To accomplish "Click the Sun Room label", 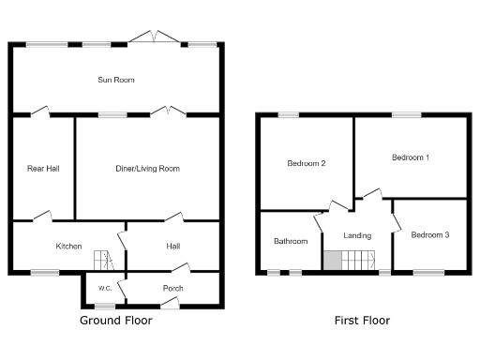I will [x=116, y=81].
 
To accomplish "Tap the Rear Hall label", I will [x=42, y=169].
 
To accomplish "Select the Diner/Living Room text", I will [x=147, y=169].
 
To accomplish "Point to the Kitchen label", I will [x=68, y=247].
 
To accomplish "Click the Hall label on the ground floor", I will [x=173, y=247].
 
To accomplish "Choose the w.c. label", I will [x=105, y=288].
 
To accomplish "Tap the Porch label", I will [x=172, y=288].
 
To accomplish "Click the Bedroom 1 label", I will [x=410, y=157].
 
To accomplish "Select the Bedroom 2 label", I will [x=306, y=164].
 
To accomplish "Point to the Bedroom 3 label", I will [x=430, y=234].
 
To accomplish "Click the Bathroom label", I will [x=291, y=242].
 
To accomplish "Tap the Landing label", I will [x=357, y=235].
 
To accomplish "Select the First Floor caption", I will [x=362, y=321].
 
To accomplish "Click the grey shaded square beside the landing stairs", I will [x=332, y=262].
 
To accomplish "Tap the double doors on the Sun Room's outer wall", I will [x=153, y=37].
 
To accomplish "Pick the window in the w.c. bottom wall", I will [x=105, y=307].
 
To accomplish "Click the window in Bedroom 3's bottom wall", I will [x=428, y=273].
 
